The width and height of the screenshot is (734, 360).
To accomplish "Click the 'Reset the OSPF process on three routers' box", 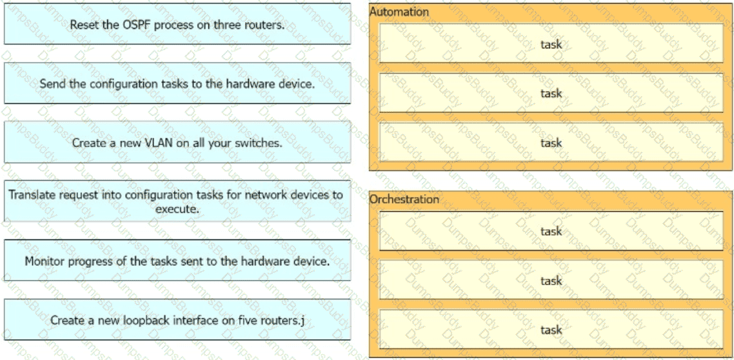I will [x=177, y=25].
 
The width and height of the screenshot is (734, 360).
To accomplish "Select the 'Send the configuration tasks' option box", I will [x=177, y=84].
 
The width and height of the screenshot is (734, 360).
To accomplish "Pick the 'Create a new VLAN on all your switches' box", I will [x=177, y=143].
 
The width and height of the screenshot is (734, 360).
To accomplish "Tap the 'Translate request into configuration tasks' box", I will [x=177, y=201].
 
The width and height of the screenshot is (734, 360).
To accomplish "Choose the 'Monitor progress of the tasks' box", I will [x=177, y=261].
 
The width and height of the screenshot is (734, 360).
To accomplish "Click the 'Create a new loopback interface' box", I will [x=177, y=320].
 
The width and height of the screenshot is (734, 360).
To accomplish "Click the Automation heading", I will [x=399, y=12].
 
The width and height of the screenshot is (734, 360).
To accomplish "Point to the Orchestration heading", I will [x=404, y=199].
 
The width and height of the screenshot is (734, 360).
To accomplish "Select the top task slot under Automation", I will [x=551, y=45].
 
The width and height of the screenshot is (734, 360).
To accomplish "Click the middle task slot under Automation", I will [x=551, y=94].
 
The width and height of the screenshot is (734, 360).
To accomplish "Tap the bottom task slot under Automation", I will [x=551, y=143].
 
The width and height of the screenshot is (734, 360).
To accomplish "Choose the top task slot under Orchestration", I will [x=551, y=231].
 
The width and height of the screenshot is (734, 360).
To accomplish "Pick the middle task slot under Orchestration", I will [x=551, y=281].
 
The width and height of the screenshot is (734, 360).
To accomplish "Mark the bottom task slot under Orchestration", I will [x=551, y=330].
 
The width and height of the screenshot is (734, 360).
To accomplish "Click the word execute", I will [x=177, y=209].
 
